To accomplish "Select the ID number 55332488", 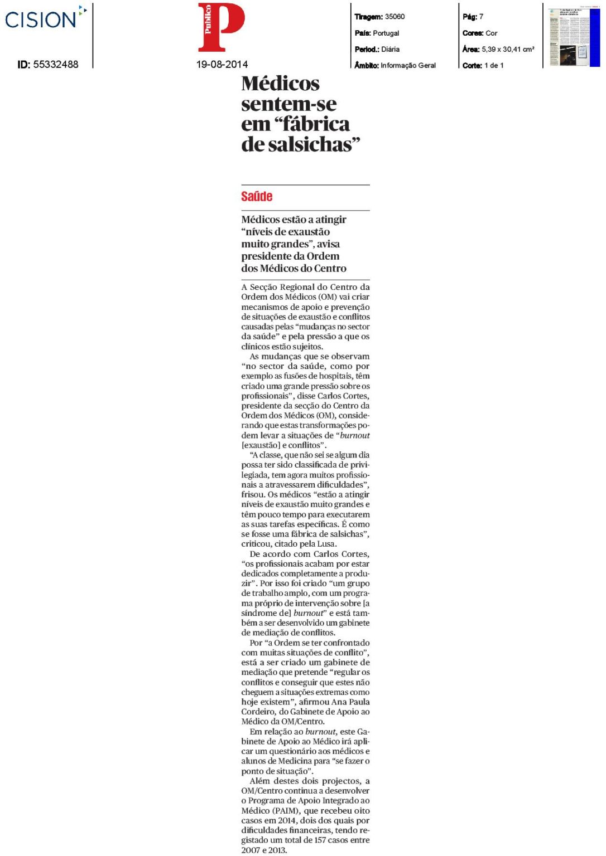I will [x=56, y=65].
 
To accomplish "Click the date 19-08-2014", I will [x=222, y=65].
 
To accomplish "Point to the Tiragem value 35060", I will [x=395, y=17].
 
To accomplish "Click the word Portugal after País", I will [x=386, y=33].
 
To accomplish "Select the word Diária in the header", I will [x=391, y=50].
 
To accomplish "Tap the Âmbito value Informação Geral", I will [x=408, y=66].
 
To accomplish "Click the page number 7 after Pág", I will [x=481, y=17].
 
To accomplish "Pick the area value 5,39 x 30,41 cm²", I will [x=508, y=50].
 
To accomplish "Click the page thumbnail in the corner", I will [x=574, y=37].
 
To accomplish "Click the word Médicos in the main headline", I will [x=281, y=84].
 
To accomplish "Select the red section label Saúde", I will [x=257, y=197].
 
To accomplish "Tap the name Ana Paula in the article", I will [x=351, y=702].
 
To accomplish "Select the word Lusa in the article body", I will [x=327, y=544].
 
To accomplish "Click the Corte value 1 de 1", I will [x=494, y=66].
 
